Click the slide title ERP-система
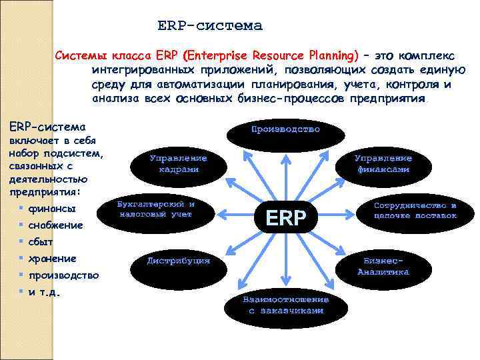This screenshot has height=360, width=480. click(210, 26)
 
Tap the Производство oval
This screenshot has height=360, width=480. click(285, 129)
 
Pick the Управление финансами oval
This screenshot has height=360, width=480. click(383, 164)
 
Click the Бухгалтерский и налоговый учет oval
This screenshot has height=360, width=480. click(155, 210)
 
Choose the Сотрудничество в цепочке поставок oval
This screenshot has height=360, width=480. click(415, 211)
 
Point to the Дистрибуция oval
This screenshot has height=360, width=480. click(179, 261)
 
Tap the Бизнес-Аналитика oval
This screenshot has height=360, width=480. click(383, 266)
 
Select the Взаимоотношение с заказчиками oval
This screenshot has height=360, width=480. click(285, 305)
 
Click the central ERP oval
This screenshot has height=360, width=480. click(285, 217)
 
